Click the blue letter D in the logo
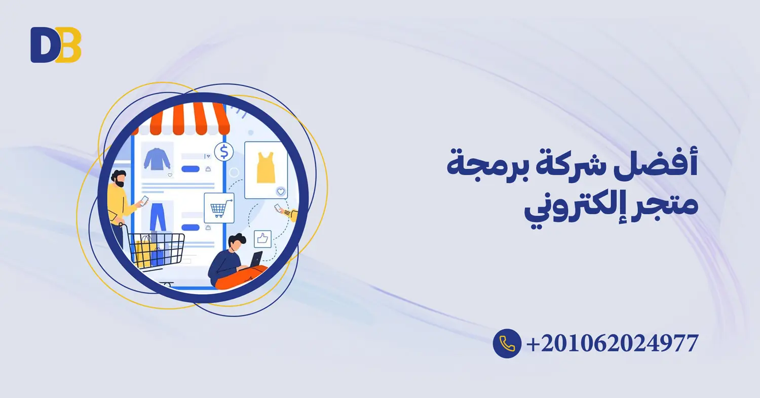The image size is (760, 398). (x=43, y=45)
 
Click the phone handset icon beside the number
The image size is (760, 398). (x=507, y=343)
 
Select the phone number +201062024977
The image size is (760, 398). (x=613, y=344)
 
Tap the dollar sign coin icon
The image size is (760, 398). (x=223, y=152)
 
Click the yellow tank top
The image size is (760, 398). (x=265, y=167)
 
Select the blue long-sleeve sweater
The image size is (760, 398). (x=157, y=159)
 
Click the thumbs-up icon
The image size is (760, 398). (x=262, y=237)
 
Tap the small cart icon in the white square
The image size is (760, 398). (x=219, y=208)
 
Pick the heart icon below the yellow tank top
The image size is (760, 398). (x=280, y=191)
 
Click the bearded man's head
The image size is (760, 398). (x=119, y=178)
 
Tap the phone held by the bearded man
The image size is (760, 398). (x=144, y=200)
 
